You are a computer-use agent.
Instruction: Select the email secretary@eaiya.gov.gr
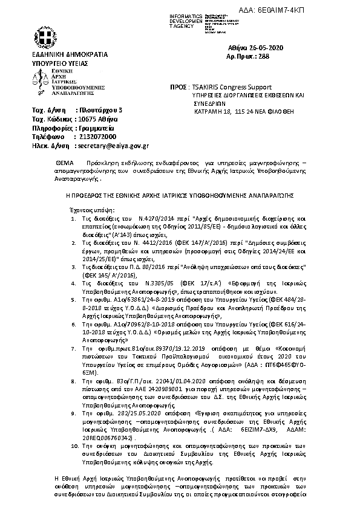coord(113,146)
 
